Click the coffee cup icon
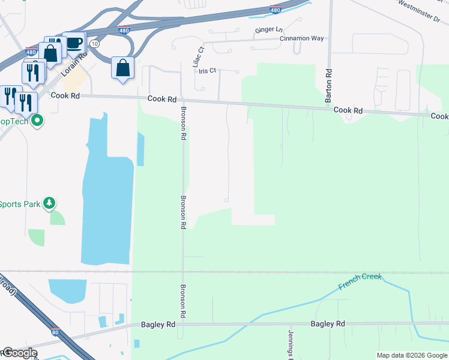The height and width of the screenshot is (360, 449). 74,43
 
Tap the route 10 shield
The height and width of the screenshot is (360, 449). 95,44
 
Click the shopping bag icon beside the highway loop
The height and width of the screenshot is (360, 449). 122,68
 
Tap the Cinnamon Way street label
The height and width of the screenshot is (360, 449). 301,38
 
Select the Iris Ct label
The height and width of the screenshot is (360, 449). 207,71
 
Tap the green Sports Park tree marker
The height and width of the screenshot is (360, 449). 50,204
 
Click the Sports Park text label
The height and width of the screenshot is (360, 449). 20,204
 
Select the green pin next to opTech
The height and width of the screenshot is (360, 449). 37,121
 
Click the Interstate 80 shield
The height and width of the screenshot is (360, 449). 55,331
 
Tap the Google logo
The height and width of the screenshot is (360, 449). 20,353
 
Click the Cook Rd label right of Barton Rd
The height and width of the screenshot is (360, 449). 348,110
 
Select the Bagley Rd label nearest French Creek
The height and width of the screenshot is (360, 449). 328,324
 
